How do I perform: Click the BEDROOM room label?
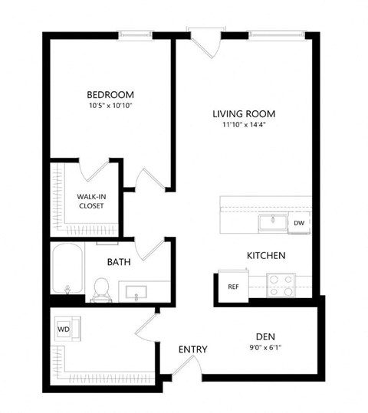112,97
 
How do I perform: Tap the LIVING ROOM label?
244,114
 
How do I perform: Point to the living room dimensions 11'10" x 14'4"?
244,126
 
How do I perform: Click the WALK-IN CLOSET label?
91,201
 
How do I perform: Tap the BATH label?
118,262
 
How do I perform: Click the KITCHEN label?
266,255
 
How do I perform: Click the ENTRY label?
192,349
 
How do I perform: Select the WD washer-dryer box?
63,329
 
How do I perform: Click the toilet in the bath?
99,288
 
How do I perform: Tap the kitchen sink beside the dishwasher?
271,222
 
